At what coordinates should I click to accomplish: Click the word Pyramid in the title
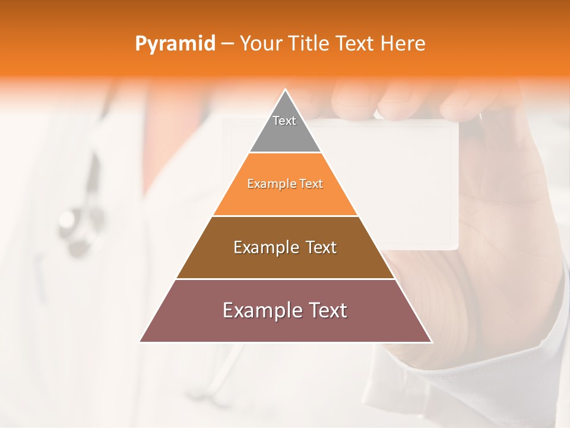[175, 44]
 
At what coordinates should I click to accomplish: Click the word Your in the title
[259, 44]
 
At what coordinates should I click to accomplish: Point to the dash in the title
[227, 44]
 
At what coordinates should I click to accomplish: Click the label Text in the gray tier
[284, 121]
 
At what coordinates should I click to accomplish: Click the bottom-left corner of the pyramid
[141, 341]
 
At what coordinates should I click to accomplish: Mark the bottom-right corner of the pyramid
[431, 341]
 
